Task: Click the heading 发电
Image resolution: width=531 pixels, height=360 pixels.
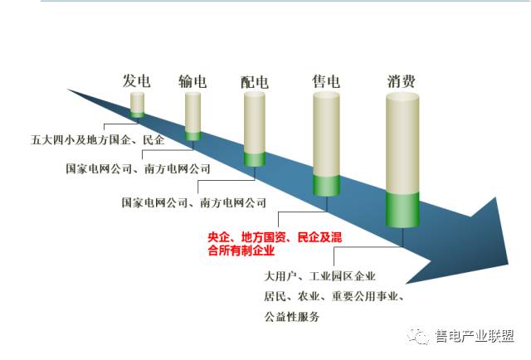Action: click(x=136, y=81)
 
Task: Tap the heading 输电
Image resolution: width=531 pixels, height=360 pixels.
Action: click(x=192, y=81)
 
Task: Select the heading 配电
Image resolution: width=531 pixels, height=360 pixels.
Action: click(x=255, y=82)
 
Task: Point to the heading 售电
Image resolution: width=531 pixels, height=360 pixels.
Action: click(x=326, y=81)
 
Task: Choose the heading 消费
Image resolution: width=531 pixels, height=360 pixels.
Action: click(x=402, y=81)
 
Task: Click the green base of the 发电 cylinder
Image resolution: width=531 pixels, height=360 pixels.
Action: click(x=137, y=114)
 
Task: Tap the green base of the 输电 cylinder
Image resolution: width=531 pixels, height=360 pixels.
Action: click(x=192, y=136)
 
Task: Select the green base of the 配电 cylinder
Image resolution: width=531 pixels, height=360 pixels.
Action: click(x=255, y=159)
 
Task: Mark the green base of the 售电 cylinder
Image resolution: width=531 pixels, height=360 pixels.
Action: click(x=326, y=186)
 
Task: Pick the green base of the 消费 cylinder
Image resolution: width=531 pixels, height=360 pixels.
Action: click(x=402, y=210)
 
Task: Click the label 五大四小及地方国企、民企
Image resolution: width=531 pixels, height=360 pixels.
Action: click(x=98, y=140)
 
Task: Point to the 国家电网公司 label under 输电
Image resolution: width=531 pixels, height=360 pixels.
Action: click(x=99, y=168)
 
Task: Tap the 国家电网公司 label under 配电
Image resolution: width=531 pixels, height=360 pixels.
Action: click(x=155, y=202)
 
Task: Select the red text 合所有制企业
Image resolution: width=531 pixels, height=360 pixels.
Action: click(x=241, y=251)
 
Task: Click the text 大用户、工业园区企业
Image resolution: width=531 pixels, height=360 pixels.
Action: click(x=319, y=276)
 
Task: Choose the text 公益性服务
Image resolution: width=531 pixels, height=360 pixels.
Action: click(x=292, y=317)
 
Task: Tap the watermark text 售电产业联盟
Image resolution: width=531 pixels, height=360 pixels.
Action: click(x=475, y=336)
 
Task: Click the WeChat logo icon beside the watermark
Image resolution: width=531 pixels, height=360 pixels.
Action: click(x=418, y=336)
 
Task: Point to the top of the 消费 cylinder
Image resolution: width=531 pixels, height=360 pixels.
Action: click(x=402, y=96)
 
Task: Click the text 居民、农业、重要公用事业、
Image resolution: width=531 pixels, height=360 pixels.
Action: click(x=334, y=297)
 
